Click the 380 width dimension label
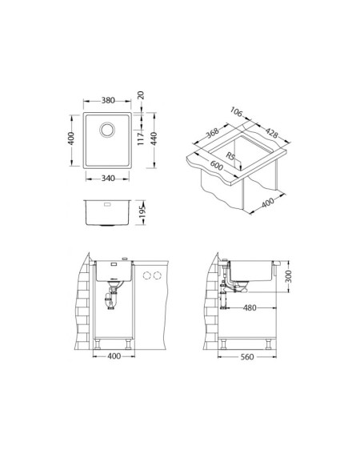click(108, 100)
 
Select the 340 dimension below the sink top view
click(108, 179)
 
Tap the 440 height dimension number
click(154, 139)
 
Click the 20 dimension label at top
click(141, 95)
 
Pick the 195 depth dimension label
click(142, 212)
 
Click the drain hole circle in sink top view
click(107, 130)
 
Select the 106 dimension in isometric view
click(237, 112)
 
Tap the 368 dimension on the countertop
click(212, 133)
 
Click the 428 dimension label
click(272, 133)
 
